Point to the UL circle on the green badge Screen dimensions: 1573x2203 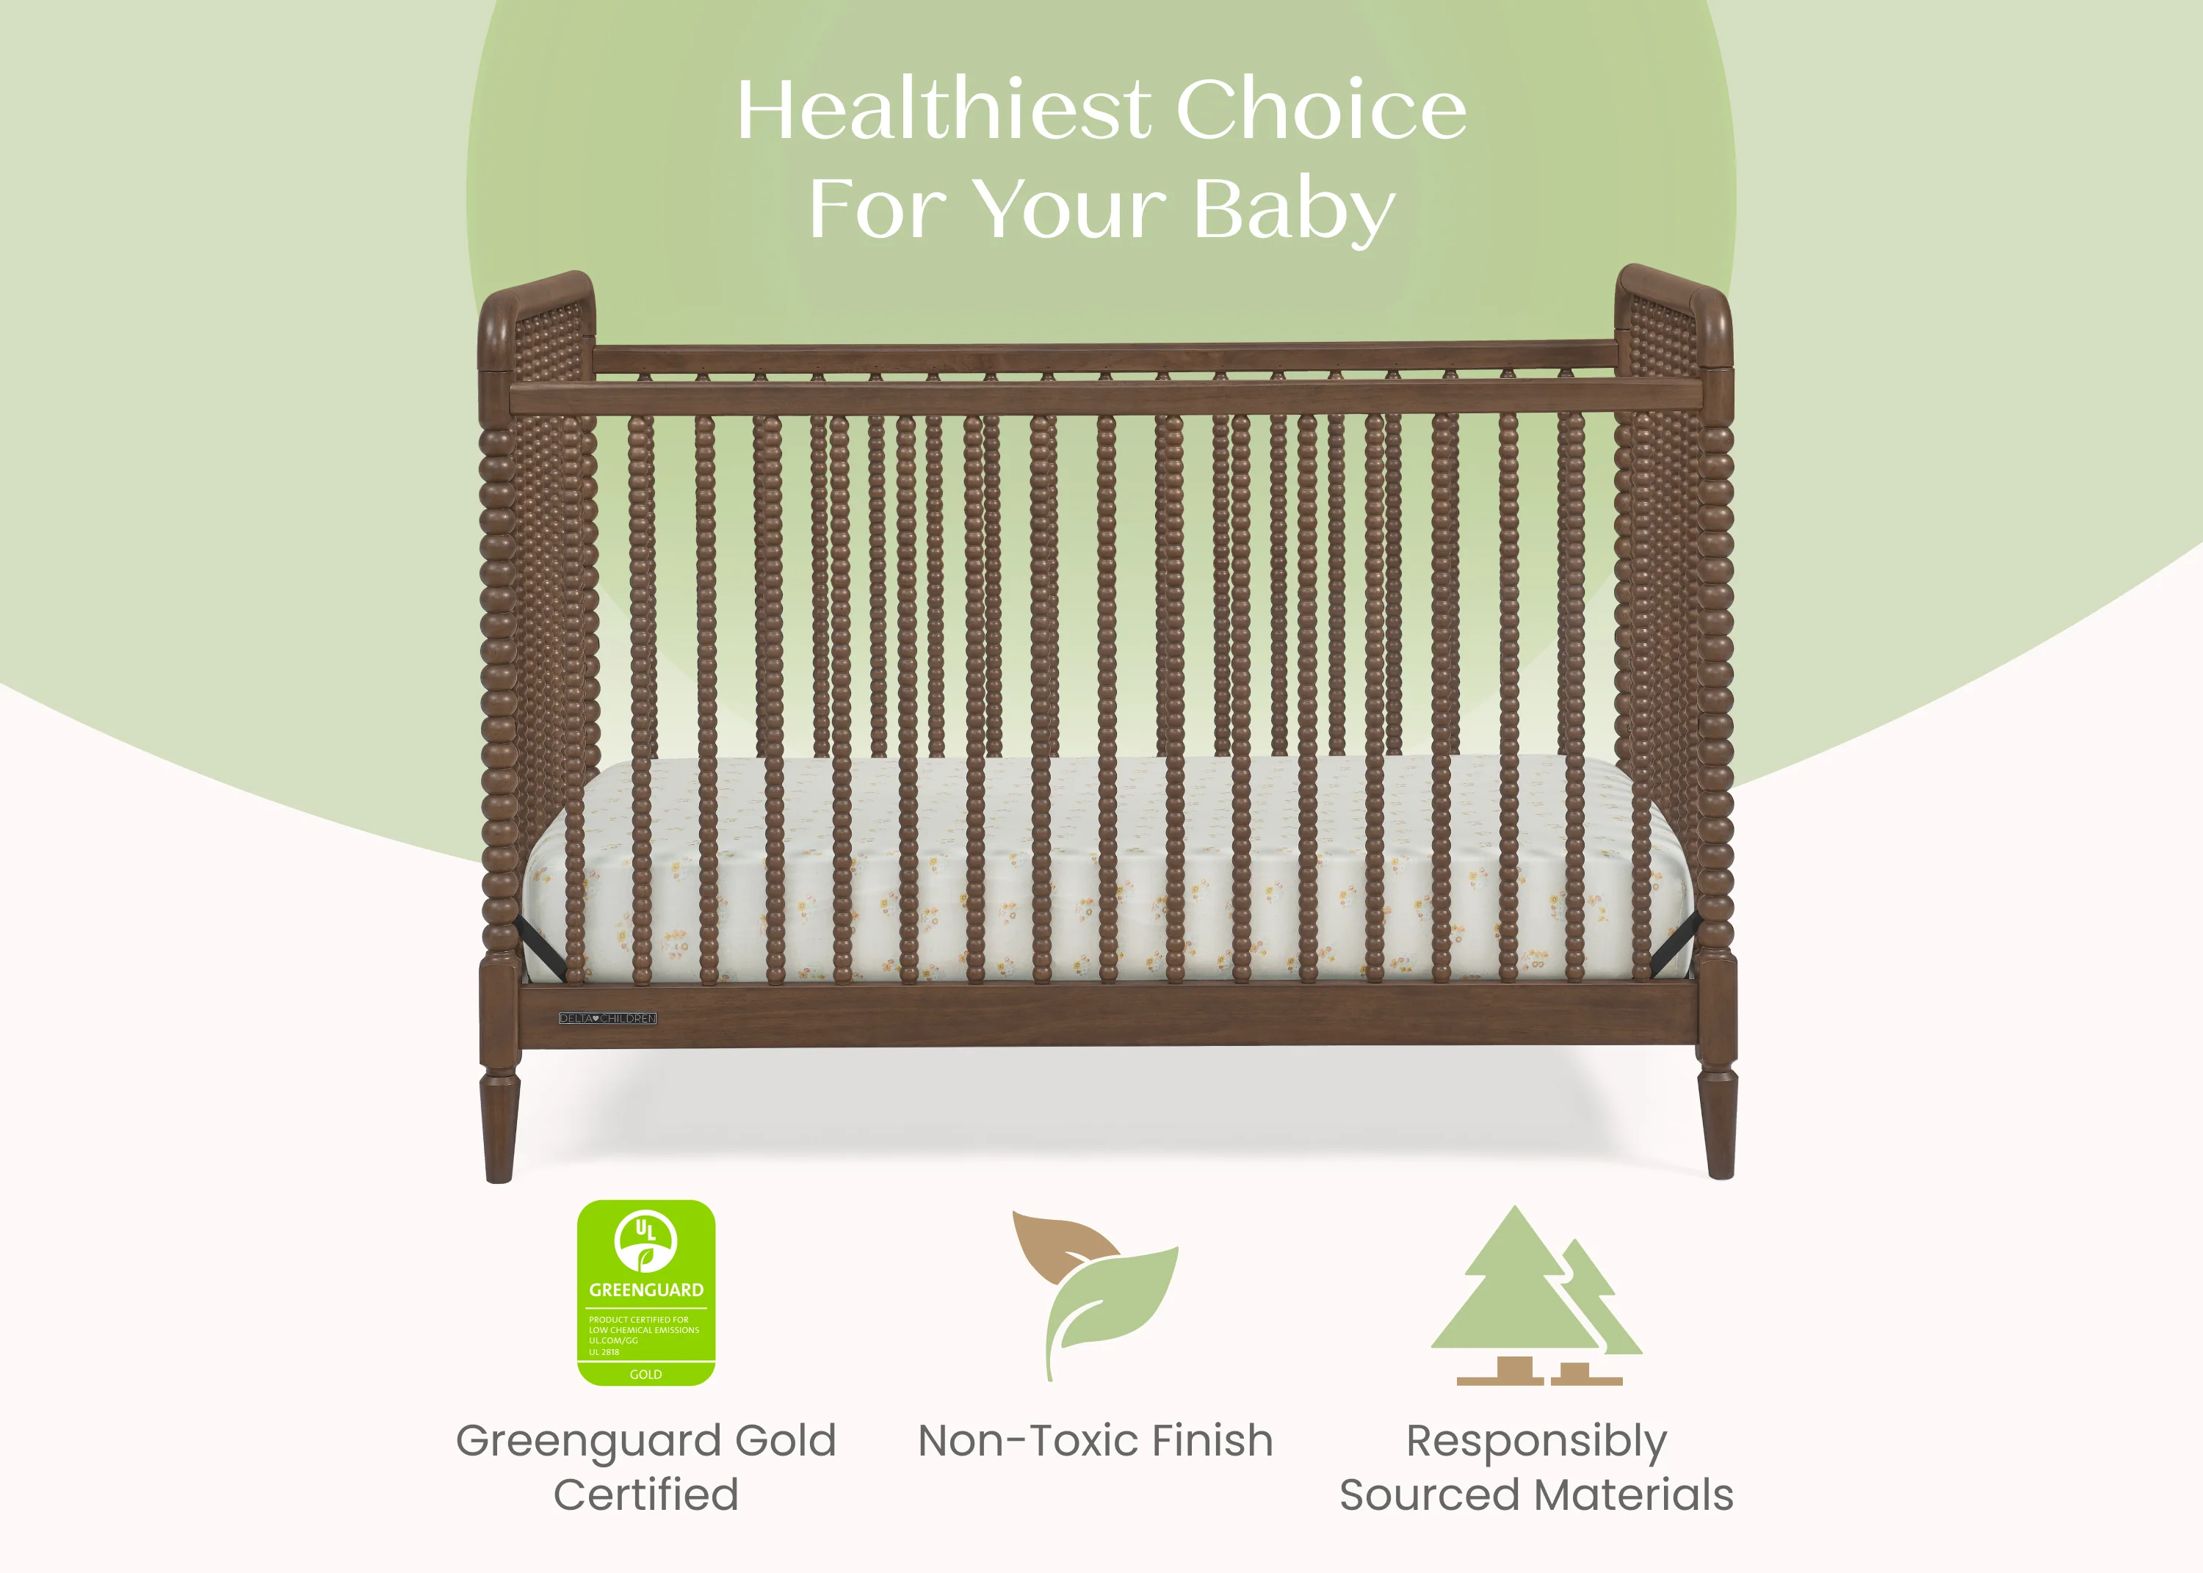[646, 1240]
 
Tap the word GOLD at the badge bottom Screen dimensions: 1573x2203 [646, 1374]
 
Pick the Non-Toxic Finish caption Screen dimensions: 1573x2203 [1095, 1440]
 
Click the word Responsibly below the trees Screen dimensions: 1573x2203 [1536, 1440]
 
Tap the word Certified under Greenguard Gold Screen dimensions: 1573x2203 [646, 1494]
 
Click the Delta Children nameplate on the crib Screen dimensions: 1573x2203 [607, 1018]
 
